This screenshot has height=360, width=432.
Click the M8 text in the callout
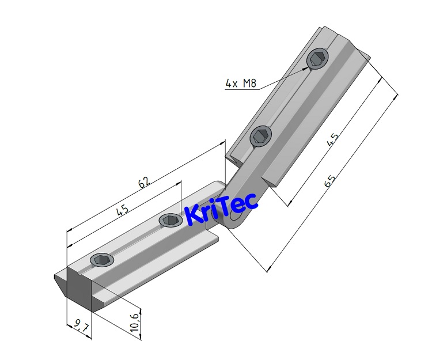pyautogui.click(x=248, y=84)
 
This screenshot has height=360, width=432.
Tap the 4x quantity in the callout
pyautogui.click(x=232, y=84)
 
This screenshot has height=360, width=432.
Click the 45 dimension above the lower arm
pyautogui.click(x=122, y=211)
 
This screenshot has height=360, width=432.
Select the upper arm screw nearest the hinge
pyautogui.click(x=261, y=136)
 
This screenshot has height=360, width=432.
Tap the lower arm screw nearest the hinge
pyautogui.click(x=170, y=219)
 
